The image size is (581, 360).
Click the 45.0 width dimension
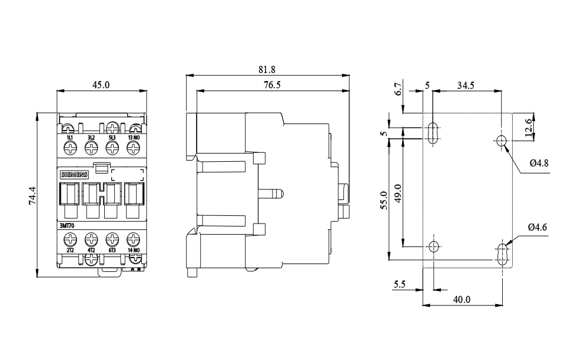(x=101, y=85)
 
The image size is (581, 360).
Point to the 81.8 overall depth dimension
(x=266, y=69)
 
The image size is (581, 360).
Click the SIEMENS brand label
(x=74, y=175)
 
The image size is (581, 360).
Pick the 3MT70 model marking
(x=67, y=226)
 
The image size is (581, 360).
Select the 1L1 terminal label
(x=69, y=138)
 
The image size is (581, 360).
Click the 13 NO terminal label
(x=134, y=138)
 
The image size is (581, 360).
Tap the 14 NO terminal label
(x=134, y=251)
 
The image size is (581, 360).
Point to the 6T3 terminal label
(x=112, y=251)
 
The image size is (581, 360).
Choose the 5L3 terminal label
(x=112, y=138)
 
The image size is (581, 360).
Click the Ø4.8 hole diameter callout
(x=538, y=164)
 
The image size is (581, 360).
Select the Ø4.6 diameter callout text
(x=538, y=226)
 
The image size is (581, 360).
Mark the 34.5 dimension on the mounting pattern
(x=466, y=85)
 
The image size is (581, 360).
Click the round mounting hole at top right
(x=502, y=141)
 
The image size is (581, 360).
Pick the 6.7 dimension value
(x=399, y=89)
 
